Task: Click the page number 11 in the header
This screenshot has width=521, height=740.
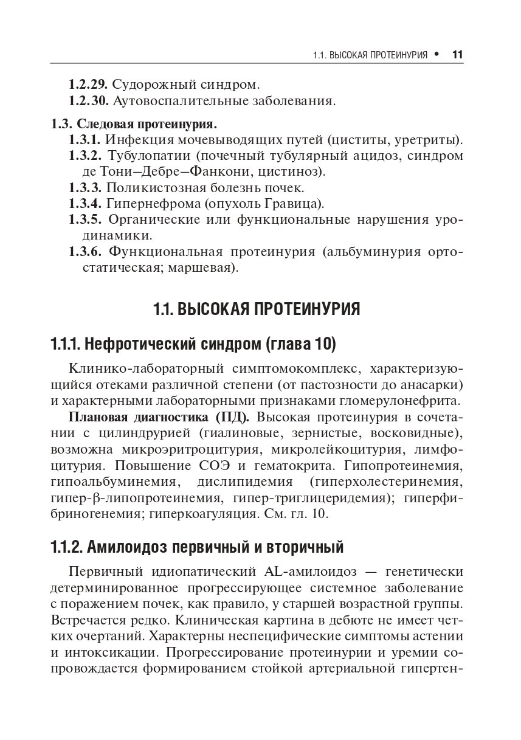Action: tap(458, 55)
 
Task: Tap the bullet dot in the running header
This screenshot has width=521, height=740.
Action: tap(436, 55)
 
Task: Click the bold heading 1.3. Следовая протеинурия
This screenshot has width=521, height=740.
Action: tap(133, 125)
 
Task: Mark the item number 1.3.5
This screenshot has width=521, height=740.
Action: tap(88, 218)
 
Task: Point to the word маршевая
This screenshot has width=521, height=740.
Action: tap(209, 267)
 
